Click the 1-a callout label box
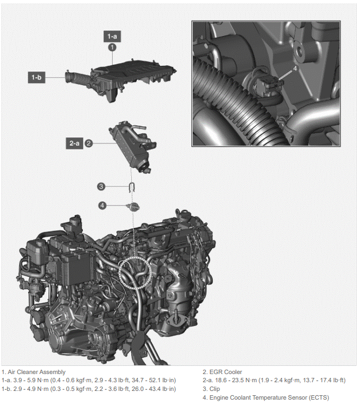(112, 36)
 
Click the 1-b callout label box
(36, 77)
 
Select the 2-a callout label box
(75, 143)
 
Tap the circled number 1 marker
(112, 47)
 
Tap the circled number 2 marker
(89, 143)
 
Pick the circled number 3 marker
(101, 187)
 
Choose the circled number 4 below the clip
(102, 205)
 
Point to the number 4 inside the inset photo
(296, 69)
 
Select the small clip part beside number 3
(131, 187)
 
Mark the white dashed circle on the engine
(134, 270)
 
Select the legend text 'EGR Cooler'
(226, 372)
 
